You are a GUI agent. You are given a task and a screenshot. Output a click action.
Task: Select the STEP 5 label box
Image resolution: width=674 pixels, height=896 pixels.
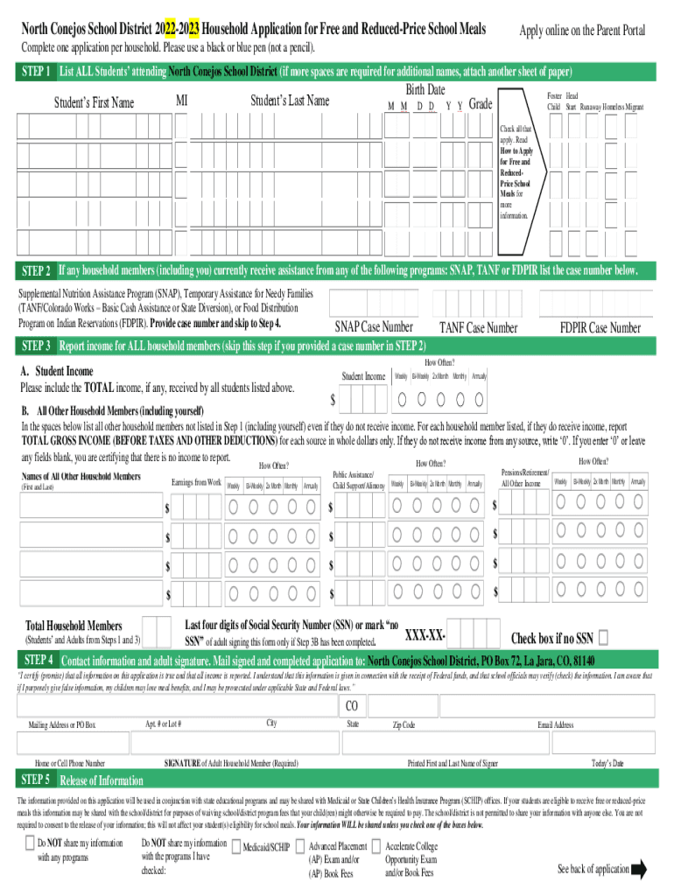36,780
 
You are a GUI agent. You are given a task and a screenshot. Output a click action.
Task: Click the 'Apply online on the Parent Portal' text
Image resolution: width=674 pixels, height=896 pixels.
582,31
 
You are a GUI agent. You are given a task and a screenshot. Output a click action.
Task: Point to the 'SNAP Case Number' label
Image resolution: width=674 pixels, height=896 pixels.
375,328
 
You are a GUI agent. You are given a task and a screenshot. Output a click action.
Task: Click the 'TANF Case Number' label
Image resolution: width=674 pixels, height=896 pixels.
479,328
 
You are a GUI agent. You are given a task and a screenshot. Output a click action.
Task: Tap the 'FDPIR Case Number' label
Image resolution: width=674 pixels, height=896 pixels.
600,328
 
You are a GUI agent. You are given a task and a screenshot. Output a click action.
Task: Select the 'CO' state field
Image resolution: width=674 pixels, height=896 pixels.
352,706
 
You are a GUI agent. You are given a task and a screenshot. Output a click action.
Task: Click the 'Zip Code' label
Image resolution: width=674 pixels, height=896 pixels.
404,725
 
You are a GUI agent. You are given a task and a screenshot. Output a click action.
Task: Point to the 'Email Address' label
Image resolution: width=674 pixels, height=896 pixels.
555,725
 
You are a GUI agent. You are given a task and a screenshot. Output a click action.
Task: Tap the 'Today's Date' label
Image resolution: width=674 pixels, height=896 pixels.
607,764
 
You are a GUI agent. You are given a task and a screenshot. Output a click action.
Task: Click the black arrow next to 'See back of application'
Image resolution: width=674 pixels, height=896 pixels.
638,869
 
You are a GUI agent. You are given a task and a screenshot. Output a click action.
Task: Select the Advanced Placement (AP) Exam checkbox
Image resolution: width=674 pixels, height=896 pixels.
300,846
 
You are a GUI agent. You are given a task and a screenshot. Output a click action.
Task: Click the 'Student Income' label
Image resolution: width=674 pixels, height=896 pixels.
363,376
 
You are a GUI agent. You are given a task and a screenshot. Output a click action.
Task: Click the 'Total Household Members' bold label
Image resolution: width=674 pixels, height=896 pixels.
74,626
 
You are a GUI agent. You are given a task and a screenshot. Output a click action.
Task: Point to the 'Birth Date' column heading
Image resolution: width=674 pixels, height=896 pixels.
425,90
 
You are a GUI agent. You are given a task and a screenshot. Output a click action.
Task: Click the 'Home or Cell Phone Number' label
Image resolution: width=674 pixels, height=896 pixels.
69,764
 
